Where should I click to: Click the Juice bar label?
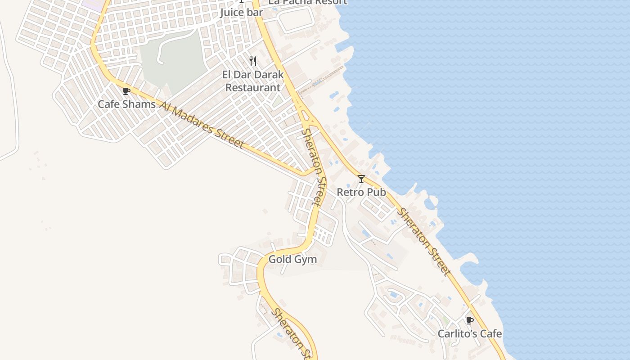(x=241, y=13)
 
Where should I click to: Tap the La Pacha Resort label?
(x=308, y=2)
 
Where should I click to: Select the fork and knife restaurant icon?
(x=253, y=61)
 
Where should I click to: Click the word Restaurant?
(x=252, y=87)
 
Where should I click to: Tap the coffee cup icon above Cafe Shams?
(x=126, y=91)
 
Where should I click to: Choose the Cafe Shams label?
(x=127, y=104)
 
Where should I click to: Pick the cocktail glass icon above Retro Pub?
(x=361, y=179)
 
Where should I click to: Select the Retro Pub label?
(x=361, y=192)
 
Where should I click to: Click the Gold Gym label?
(x=292, y=260)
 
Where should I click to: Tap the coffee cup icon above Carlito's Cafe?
(x=469, y=320)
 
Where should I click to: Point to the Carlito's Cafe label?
(x=470, y=334)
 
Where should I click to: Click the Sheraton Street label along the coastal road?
(x=423, y=242)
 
